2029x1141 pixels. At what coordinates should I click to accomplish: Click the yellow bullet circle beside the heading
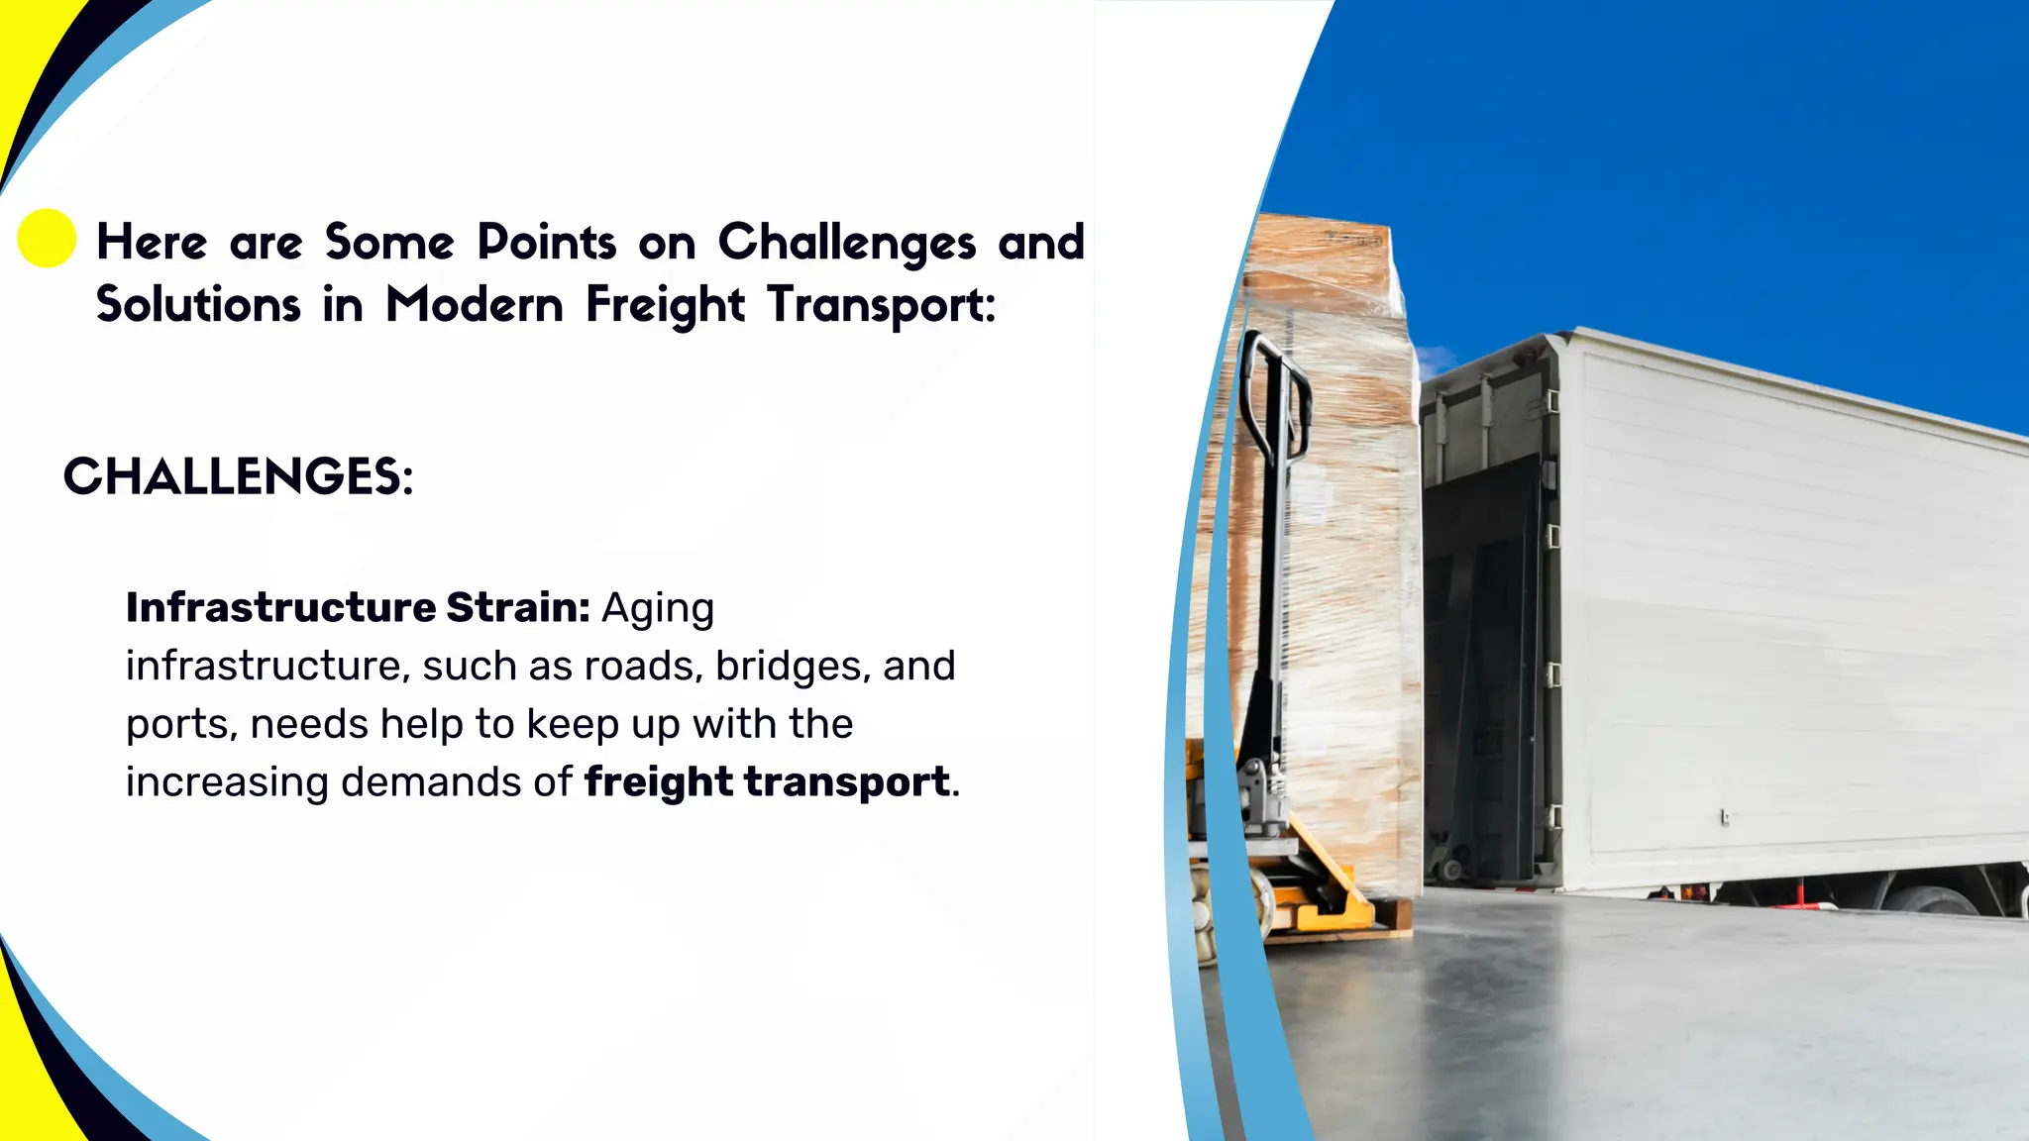click(47, 239)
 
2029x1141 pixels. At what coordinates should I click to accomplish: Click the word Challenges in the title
click(846, 243)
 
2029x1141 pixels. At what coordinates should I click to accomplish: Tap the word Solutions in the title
click(198, 304)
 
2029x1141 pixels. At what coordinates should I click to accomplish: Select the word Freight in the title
click(664, 304)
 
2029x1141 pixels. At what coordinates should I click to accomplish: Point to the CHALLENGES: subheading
click(238, 476)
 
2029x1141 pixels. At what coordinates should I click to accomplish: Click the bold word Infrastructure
click(280, 607)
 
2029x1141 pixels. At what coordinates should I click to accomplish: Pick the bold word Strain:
click(517, 607)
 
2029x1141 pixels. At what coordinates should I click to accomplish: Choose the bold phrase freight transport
click(766, 781)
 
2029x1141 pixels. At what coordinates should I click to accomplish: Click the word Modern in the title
click(475, 304)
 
